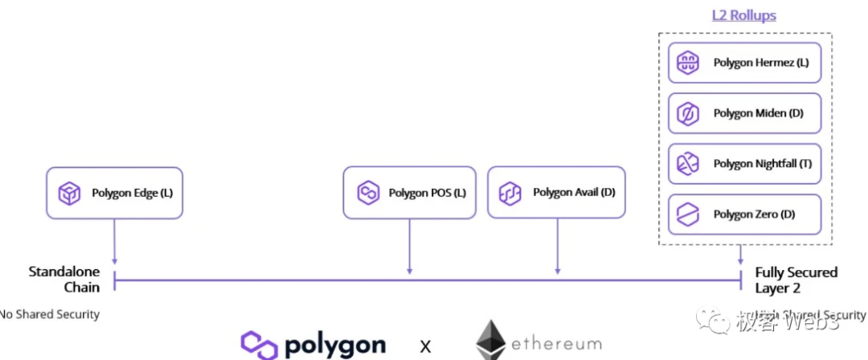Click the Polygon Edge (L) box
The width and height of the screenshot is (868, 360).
point(114,193)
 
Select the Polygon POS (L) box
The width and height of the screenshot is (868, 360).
point(411,193)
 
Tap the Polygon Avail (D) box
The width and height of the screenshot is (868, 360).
point(556,193)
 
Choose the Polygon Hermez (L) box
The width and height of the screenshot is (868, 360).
point(744,63)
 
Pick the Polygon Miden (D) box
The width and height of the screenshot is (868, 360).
point(744,113)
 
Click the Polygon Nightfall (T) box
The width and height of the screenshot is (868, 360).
point(744,164)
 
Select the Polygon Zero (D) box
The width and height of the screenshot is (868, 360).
point(744,215)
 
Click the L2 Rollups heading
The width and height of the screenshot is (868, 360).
point(744,15)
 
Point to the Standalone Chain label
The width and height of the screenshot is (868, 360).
point(64,280)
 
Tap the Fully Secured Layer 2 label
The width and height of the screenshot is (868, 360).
point(796,280)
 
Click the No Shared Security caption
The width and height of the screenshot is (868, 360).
point(50,314)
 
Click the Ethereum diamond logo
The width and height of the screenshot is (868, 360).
point(490,341)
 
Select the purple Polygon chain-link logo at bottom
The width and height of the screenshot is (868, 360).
point(259,345)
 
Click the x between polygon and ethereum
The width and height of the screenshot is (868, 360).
point(426,346)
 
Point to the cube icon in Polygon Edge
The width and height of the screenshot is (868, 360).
point(70,194)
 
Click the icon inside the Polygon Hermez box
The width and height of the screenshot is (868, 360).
point(688,63)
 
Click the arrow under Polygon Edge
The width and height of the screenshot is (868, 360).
point(115,241)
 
